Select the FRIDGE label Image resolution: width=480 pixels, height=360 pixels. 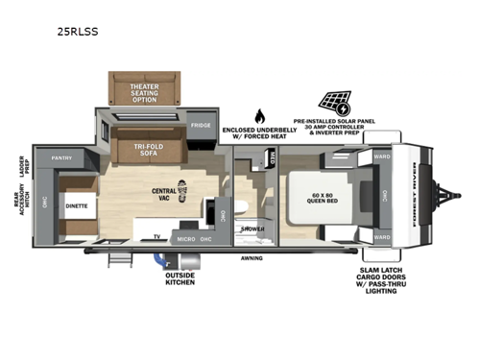click(x=200, y=125)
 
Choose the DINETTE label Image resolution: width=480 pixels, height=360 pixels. click(x=77, y=204)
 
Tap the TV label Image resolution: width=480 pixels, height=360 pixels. click(x=156, y=235)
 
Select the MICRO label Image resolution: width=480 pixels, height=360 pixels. click(x=186, y=238)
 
